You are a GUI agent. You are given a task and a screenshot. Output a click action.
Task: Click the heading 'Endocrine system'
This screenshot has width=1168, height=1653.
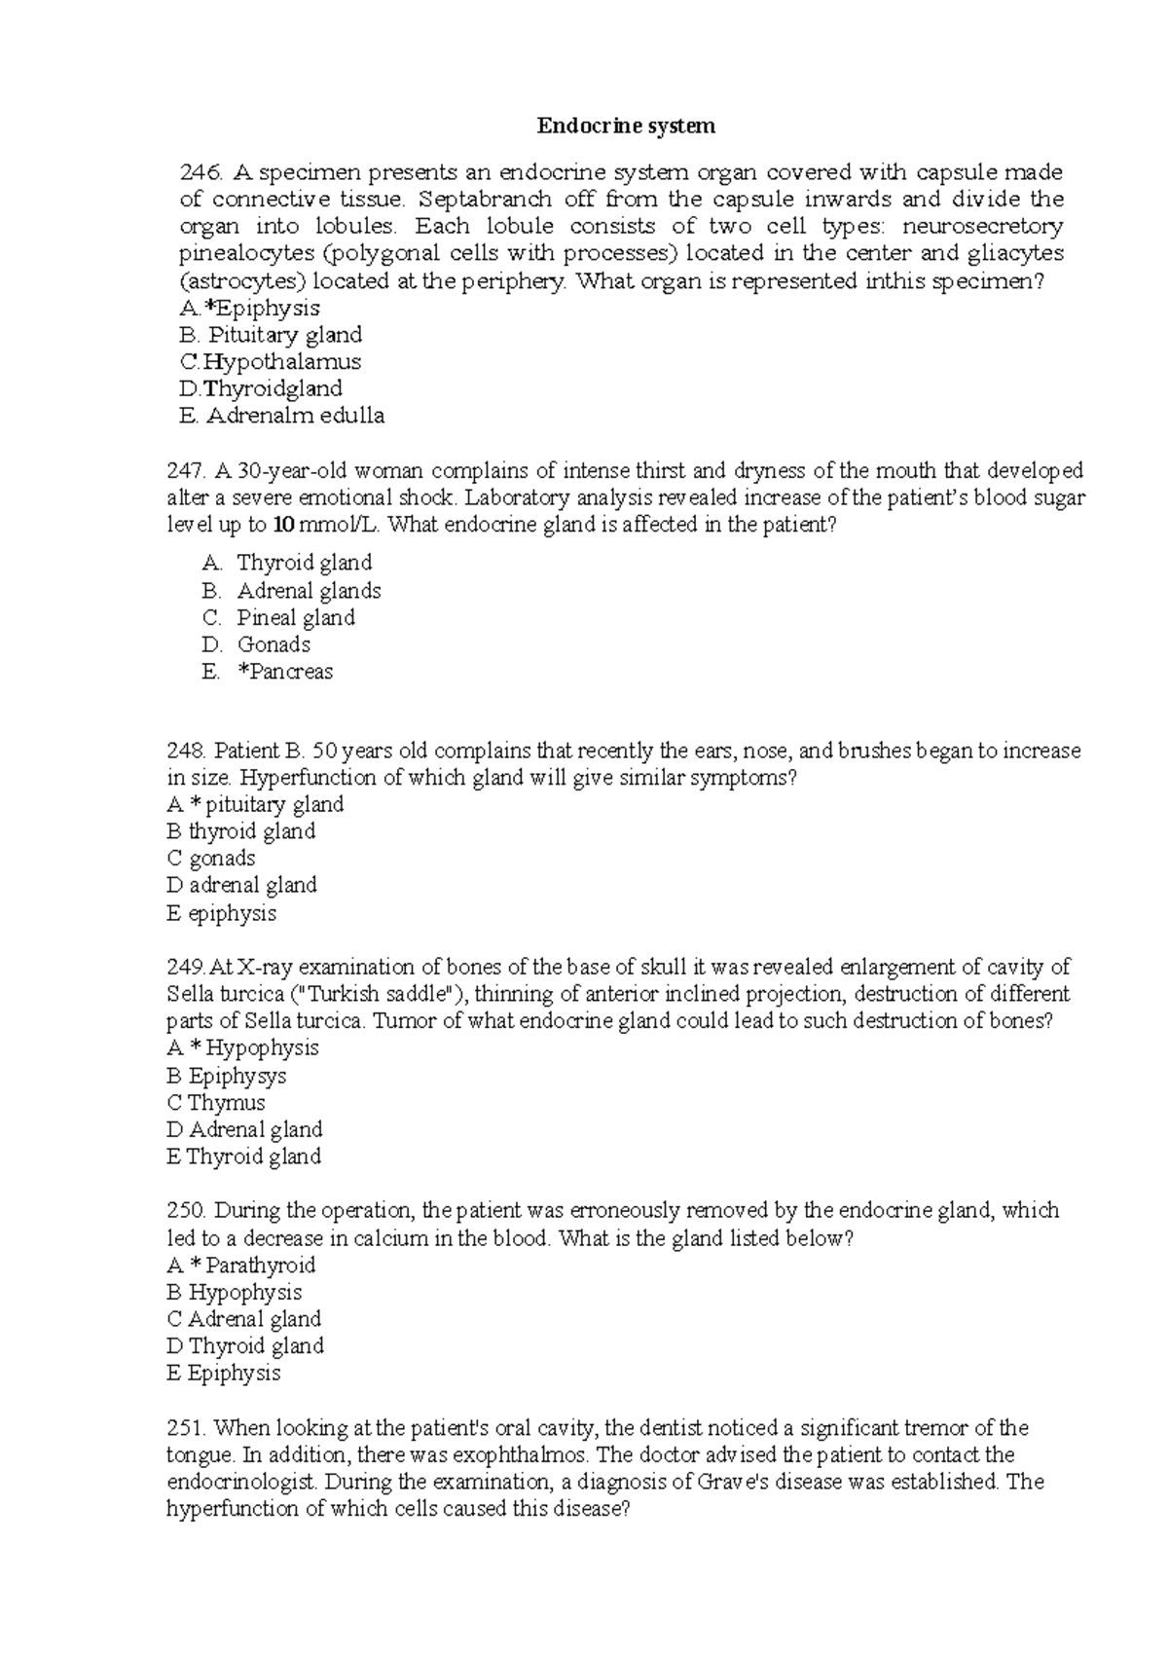pyautogui.click(x=627, y=126)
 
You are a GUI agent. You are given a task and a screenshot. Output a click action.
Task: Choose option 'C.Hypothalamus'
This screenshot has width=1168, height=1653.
pyautogui.click(x=271, y=362)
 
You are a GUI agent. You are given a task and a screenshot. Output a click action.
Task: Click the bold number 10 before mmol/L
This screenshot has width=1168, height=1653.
pyautogui.click(x=283, y=526)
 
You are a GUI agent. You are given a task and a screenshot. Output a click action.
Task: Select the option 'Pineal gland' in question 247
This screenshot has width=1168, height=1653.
pyautogui.click(x=295, y=618)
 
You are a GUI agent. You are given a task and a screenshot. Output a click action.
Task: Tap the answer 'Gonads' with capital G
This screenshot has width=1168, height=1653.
pyautogui.click(x=274, y=644)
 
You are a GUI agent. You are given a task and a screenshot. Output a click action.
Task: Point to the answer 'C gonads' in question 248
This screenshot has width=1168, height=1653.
pyautogui.click(x=211, y=859)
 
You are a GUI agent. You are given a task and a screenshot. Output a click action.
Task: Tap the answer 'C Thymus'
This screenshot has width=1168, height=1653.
pyautogui.click(x=216, y=1103)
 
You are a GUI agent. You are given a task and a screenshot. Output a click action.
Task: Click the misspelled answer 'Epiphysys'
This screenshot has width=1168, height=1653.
pyautogui.click(x=237, y=1076)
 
